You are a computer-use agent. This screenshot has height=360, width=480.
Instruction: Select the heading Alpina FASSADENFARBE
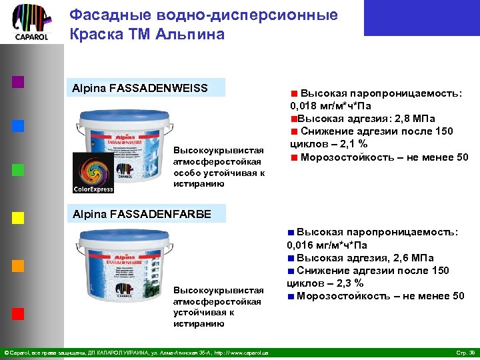(141, 214)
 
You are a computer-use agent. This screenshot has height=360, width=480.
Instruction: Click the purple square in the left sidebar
(18, 82)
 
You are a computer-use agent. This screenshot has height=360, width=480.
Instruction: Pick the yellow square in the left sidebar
(18, 217)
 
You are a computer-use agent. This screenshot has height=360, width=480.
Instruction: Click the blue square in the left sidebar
(18, 125)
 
